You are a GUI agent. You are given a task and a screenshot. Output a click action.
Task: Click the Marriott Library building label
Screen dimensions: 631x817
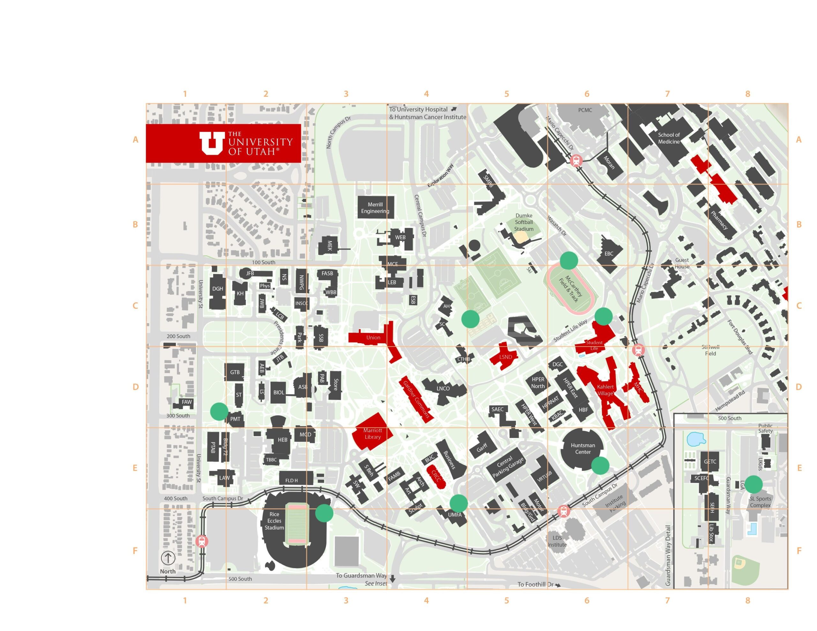[372, 434]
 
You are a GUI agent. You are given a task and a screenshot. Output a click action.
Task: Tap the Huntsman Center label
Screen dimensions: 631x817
[583, 449]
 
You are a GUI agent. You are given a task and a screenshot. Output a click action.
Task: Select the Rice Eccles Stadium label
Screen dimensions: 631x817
[274, 521]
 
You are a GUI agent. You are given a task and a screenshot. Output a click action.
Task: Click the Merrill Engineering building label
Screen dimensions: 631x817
[375, 208]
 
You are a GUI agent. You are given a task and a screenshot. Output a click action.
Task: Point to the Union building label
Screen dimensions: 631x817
[373, 338]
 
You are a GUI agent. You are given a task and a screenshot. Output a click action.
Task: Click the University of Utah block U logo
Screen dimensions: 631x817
[212, 143]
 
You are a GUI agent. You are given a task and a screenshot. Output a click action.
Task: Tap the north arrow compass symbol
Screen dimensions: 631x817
[168, 558]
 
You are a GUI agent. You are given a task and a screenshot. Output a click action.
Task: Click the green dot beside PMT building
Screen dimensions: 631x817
[219, 412]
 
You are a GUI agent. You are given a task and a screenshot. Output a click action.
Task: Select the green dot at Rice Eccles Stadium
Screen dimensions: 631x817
[324, 513]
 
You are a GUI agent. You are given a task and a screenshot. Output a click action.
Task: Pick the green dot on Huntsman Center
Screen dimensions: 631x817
[600, 466]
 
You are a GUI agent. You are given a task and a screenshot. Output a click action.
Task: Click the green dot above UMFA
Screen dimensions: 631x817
[458, 503]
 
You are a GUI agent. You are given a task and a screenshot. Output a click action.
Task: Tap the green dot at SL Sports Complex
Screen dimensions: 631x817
[753, 485]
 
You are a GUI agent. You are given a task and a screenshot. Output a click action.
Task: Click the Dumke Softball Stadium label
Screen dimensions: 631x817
[524, 223]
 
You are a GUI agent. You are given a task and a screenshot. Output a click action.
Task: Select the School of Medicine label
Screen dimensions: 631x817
[669, 138]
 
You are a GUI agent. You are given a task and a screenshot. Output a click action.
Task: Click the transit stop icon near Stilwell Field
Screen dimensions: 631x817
[638, 350]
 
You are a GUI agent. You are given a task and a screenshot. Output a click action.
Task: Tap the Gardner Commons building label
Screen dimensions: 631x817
[416, 399]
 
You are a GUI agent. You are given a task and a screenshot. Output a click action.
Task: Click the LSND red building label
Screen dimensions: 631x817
[506, 357]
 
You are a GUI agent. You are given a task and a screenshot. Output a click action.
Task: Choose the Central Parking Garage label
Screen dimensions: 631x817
[508, 467]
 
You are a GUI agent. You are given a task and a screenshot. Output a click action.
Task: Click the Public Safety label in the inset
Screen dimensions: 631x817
[765, 428]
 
